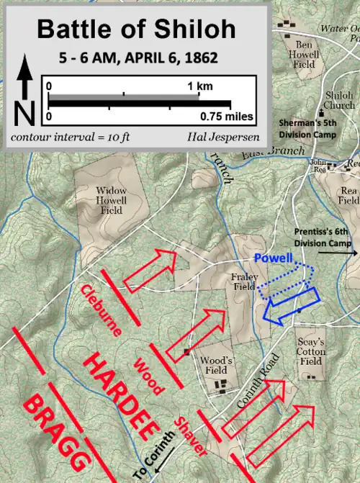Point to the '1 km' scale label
[199, 86]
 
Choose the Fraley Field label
[244, 281]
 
